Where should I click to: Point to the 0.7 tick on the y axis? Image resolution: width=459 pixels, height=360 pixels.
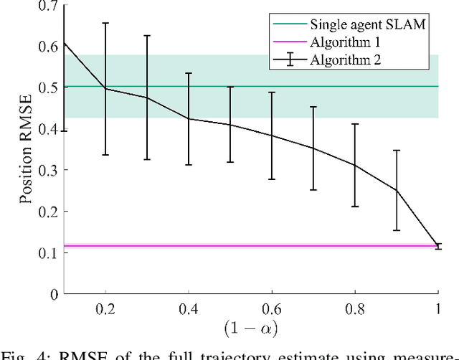(48, 6)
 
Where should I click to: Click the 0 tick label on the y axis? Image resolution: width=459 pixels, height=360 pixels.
(54, 293)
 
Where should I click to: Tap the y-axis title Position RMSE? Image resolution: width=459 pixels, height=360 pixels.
(27, 149)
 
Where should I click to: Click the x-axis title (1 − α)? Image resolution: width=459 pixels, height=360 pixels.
(251, 330)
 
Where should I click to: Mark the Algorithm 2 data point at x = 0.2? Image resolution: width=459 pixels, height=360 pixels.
(106, 88)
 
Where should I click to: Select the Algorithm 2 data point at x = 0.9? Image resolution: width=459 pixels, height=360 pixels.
(397, 190)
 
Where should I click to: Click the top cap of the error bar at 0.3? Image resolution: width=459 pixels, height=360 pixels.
(148, 35)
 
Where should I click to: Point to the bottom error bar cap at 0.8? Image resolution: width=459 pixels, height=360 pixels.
(355, 207)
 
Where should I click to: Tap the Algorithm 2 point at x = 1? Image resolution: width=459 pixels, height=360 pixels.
(438, 246)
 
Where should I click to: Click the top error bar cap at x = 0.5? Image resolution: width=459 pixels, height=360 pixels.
(230, 87)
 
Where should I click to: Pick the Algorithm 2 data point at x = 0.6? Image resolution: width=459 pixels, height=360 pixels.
(272, 136)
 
